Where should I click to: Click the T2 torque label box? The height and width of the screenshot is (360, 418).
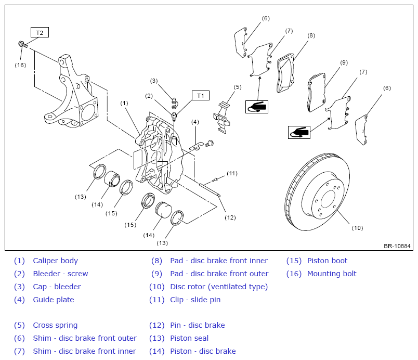(x=40, y=32)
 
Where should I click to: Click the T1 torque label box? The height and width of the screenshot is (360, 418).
(x=201, y=96)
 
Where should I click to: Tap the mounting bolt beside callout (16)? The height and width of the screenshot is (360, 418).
(x=23, y=44)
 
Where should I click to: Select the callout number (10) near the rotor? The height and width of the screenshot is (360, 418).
(x=357, y=228)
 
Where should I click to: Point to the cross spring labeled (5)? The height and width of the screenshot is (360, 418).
(x=222, y=118)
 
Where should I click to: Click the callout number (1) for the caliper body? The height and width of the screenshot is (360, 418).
(x=124, y=103)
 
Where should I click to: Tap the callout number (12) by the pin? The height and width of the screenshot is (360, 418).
(x=230, y=217)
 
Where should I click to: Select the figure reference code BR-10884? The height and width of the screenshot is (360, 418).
(x=397, y=246)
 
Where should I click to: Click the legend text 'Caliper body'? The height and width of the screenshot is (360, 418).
(x=56, y=261)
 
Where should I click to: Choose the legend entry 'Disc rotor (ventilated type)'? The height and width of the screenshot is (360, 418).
(x=219, y=287)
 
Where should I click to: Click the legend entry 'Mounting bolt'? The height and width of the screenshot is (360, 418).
(x=332, y=274)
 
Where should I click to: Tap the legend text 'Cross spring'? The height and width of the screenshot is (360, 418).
(x=55, y=325)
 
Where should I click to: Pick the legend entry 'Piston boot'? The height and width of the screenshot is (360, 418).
(x=327, y=261)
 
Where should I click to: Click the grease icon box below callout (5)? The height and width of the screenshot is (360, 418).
(x=256, y=107)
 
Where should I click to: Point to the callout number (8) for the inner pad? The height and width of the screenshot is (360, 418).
(x=311, y=35)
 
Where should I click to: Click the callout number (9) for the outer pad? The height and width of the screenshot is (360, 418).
(x=344, y=62)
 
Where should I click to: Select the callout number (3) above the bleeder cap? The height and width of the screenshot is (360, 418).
(x=154, y=81)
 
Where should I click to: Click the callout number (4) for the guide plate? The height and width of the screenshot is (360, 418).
(x=195, y=122)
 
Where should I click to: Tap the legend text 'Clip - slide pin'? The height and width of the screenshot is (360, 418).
(x=195, y=300)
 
